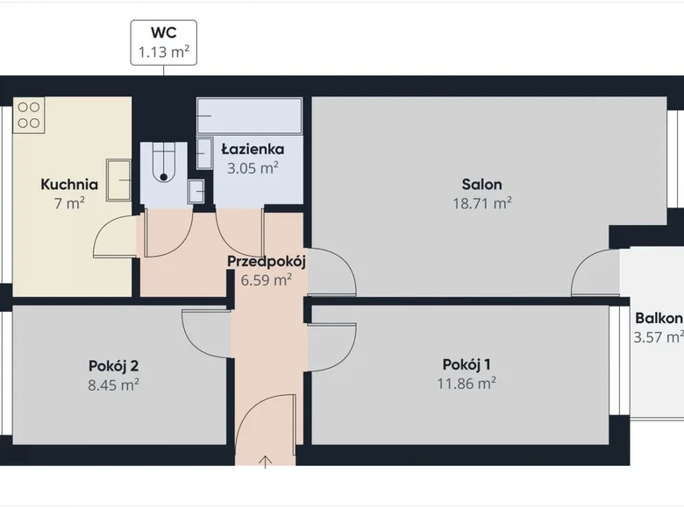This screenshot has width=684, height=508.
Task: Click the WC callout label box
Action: click(164, 42)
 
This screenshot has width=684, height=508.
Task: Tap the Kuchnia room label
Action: click(68, 185)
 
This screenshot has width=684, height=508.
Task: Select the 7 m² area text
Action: click(68, 204)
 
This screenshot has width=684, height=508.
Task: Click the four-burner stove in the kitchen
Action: click(29, 115)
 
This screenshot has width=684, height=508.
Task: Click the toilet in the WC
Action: click(163, 164)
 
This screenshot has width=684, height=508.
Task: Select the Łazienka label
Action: click(252, 150)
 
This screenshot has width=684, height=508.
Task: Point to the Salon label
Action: click(482, 185)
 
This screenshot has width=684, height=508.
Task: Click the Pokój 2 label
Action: click(114, 365)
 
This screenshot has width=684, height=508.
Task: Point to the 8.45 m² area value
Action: click(114, 384)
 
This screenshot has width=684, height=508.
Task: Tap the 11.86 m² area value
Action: click(467, 384)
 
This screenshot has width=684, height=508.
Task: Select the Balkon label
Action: click(659, 318)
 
